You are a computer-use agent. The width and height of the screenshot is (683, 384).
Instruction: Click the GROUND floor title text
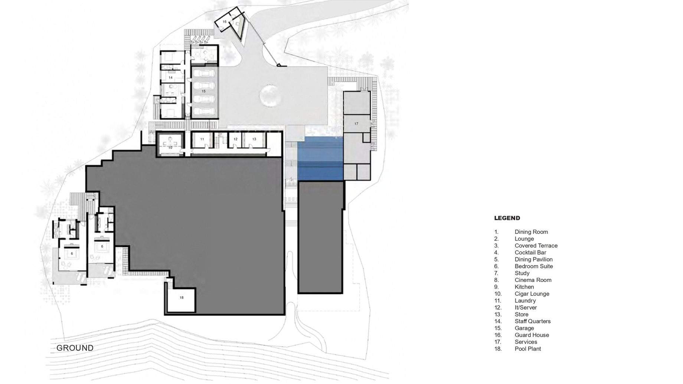coord(75,348)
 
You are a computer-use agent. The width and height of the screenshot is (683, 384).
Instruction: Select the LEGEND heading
coord(507,218)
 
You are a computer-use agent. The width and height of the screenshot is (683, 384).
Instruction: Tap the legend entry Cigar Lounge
coord(532,294)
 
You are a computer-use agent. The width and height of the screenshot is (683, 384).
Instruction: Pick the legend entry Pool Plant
coord(528,349)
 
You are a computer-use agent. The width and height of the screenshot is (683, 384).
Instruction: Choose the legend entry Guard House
coord(532,335)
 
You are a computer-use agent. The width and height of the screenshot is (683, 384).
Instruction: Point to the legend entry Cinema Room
coord(533,280)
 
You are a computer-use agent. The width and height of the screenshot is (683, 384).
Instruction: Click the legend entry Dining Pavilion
coord(534,259)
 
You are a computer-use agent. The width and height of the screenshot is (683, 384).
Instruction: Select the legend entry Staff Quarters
coord(533,321)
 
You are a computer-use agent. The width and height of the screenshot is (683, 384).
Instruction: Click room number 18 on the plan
coord(182,298)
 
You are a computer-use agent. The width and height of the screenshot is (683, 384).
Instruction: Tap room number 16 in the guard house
coord(224,22)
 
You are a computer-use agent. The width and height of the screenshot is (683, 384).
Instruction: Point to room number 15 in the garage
coord(203,91)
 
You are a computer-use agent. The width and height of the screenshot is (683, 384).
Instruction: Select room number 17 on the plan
coord(356,124)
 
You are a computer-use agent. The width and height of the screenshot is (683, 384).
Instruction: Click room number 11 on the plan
coord(202,140)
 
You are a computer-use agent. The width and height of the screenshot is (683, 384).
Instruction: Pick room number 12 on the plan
coord(235,140)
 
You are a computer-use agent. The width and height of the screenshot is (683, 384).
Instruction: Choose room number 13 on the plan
coord(254,140)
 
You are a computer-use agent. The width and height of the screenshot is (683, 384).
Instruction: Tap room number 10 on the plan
coord(170,148)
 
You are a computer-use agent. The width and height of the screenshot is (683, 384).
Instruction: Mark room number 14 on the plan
coord(170,78)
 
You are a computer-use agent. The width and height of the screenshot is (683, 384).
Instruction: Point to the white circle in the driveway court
coord(270,96)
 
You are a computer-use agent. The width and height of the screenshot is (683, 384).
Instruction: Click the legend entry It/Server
coord(526,308)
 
